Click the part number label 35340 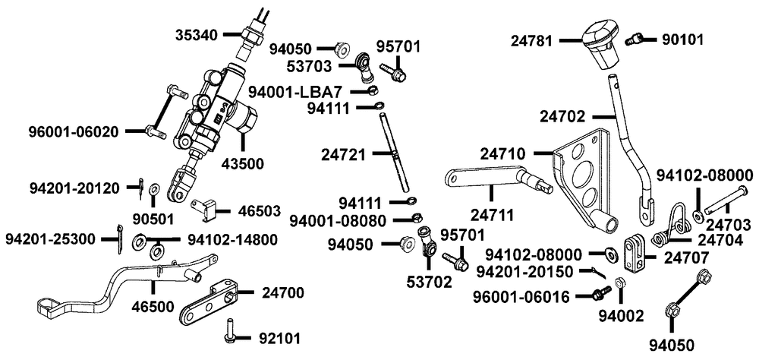coord(196,34)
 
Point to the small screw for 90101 coord(633,38)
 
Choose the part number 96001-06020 coord(73,131)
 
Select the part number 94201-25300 coord(50,239)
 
